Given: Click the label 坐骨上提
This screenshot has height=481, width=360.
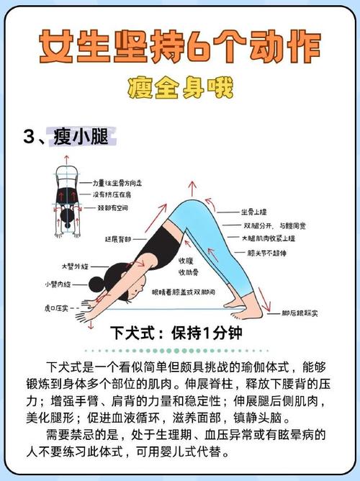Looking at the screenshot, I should point(254,212).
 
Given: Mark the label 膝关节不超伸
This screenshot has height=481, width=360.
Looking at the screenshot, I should point(271,253).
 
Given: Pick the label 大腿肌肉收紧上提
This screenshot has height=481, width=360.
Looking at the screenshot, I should point(268,238).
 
